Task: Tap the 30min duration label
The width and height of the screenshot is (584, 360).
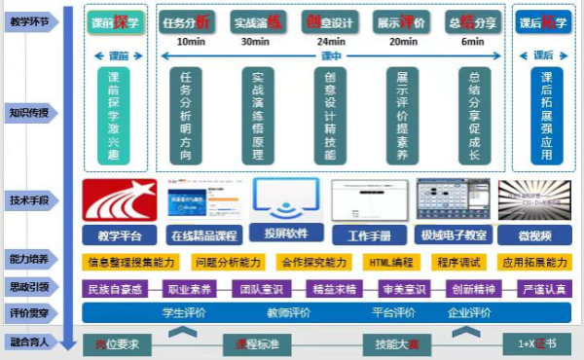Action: coord(255,42)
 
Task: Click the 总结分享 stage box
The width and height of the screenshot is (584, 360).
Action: coord(473,21)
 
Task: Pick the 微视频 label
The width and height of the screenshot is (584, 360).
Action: coord(533,234)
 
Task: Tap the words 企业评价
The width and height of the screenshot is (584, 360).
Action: coord(470,312)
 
